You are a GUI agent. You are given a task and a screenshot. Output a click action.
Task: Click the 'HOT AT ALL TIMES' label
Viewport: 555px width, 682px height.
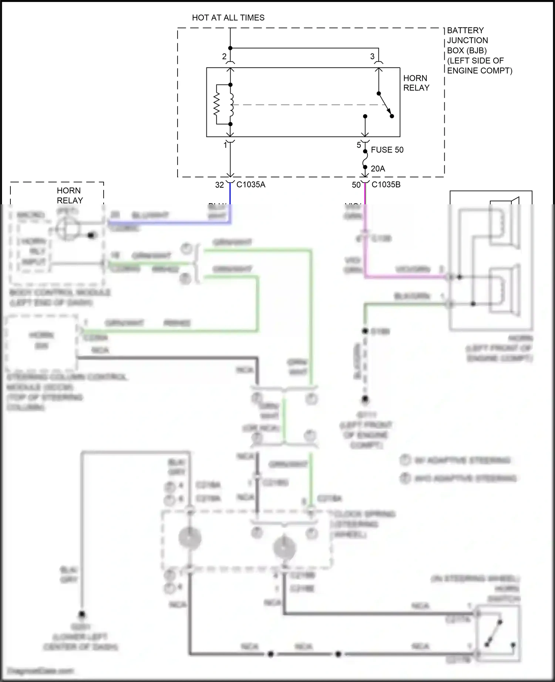click(x=228, y=18)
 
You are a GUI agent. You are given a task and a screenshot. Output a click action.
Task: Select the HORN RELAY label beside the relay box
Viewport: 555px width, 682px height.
click(x=416, y=83)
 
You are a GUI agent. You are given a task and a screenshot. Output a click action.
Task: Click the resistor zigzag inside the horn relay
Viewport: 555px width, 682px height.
click(x=217, y=105)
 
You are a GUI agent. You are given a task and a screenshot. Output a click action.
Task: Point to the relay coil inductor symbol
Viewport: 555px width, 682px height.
click(x=232, y=105)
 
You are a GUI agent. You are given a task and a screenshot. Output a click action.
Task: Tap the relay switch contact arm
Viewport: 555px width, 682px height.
click(x=385, y=104)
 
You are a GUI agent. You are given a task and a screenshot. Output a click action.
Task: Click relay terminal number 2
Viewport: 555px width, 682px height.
click(x=224, y=57)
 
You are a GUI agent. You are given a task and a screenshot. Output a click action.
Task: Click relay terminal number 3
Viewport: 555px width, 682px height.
click(x=372, y=57)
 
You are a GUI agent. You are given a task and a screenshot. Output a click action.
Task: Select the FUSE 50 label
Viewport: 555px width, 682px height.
click(x=387, y=150)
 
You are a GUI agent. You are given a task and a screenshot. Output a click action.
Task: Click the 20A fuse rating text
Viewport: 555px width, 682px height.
click(x=378, y=168)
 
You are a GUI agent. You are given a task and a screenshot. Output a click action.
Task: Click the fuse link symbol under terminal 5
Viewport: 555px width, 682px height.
click(x=365, y=159)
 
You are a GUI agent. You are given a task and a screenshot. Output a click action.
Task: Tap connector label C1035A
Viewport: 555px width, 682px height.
click(x=251, y=185)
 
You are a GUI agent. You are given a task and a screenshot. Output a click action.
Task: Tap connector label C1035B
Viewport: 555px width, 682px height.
click(x=386, y=185)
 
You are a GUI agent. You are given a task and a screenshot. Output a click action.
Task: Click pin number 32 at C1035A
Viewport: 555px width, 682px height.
click(x=219, y=185)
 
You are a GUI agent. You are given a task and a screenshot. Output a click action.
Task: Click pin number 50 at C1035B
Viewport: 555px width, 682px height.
click(x=356, y=185)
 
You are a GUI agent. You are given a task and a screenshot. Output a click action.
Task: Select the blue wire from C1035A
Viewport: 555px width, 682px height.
click(x=170, y=222)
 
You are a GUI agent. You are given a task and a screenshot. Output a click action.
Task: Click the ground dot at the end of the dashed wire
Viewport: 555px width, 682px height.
click(x=365, y=399)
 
